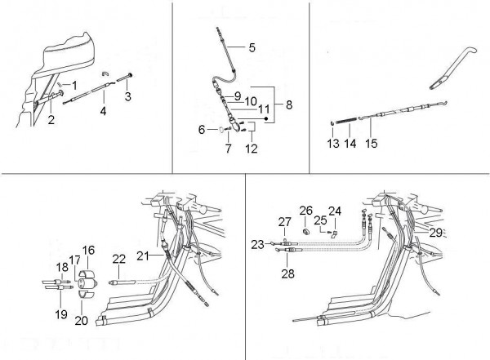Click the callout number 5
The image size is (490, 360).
252,47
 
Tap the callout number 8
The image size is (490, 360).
289,104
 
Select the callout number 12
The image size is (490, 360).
252,149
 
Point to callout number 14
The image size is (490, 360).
350,144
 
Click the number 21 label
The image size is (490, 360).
143,256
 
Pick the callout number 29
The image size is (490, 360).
435,232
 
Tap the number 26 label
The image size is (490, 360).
306,211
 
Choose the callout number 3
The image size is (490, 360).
128,96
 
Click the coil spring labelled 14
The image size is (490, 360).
347,120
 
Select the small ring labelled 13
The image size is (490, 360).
333,123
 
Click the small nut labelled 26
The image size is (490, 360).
305,232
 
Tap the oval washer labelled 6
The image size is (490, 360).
221,129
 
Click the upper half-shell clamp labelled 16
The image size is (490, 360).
87,273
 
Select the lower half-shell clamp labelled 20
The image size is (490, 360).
86,294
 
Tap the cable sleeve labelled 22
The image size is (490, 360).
122,282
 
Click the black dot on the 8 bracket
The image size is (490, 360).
266,118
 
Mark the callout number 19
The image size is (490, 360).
61,314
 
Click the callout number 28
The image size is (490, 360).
287,273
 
